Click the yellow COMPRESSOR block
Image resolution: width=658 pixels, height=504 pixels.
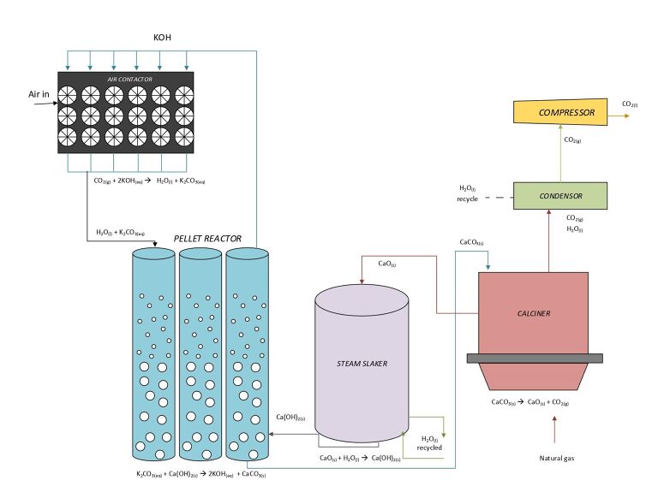[x=560, y=111]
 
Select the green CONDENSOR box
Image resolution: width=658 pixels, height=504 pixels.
[x=560, y=196]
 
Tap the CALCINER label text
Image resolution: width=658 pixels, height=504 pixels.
[x=533, y=313]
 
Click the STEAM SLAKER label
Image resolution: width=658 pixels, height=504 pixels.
[x=362, y=364]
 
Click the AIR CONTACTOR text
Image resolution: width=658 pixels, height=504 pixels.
[x=129, y=79]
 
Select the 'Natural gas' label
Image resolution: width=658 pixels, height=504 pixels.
[x=556, y=459]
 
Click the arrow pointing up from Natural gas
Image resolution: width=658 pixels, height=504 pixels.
[x=556, y=429]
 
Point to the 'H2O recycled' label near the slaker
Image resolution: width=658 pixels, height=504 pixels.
[x=429, y=443]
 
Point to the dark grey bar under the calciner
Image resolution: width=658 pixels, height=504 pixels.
[x=532, y=357]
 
